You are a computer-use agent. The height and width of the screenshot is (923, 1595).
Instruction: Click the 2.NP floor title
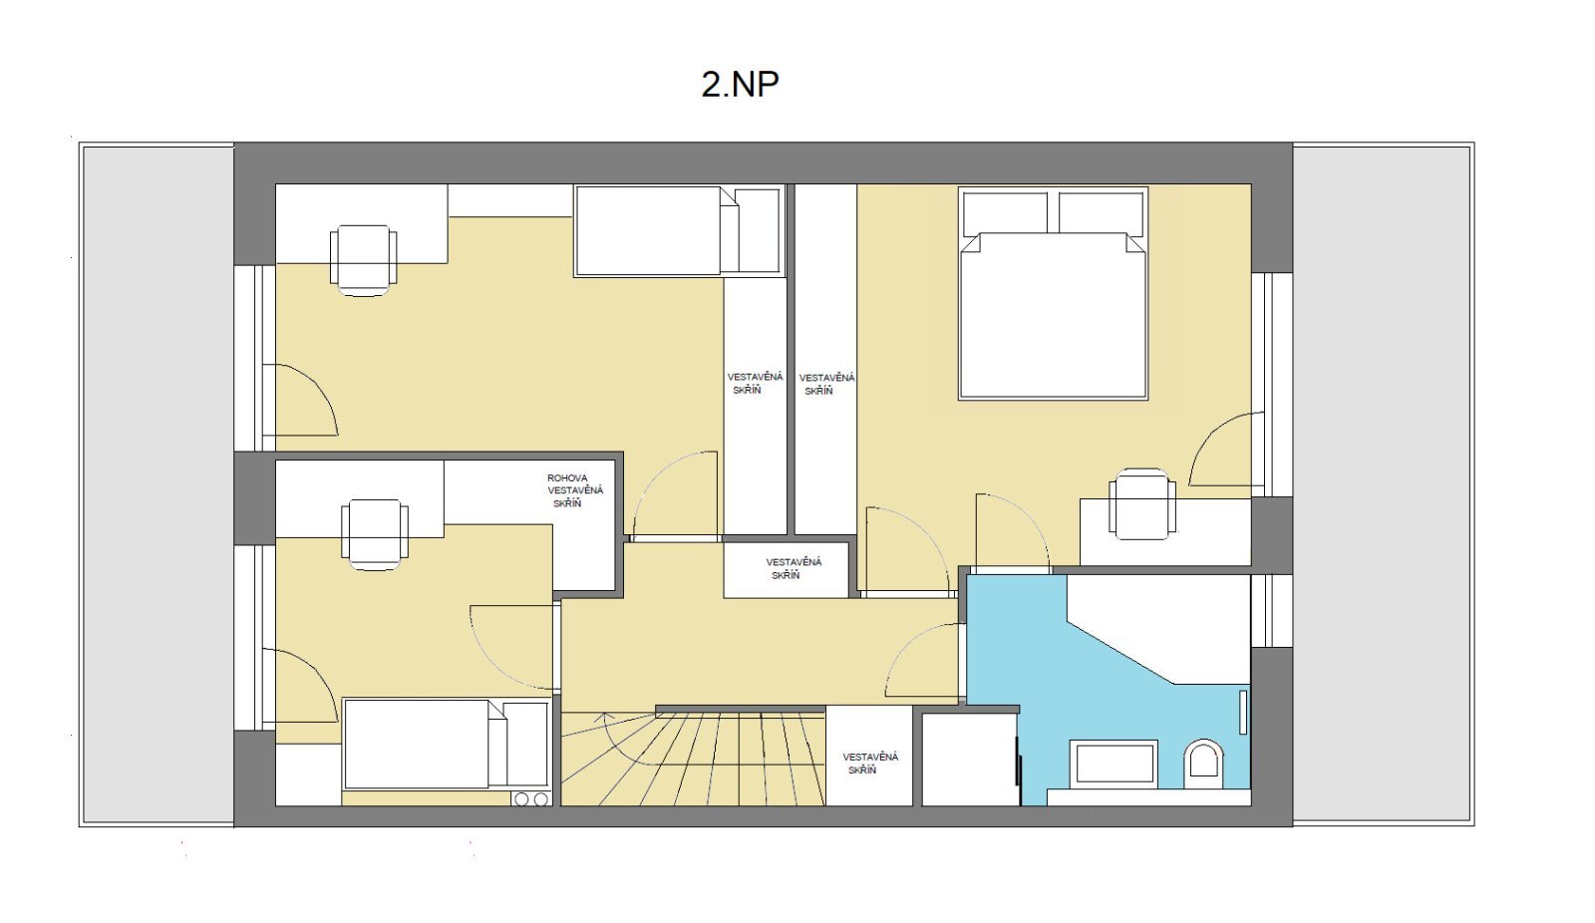[x=740, y=84]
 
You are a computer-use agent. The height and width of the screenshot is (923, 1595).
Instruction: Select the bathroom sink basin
[x=1114, y=764]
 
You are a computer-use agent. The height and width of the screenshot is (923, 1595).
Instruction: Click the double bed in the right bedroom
[x=1053, y=293]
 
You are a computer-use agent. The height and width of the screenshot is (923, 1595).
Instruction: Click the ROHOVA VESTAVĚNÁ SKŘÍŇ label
[x=574, y=490]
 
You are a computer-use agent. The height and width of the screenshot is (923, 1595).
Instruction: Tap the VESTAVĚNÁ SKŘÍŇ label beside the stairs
[x=870, y=764]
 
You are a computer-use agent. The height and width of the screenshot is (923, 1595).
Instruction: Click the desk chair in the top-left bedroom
[x=364, y=260]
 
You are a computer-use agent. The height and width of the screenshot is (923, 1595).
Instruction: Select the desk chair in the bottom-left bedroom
[x=375, y=534]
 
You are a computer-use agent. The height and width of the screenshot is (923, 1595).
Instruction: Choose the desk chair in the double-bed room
[x=1142, y=503]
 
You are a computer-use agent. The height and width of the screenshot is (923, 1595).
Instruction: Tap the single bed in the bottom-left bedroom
[x=447, y=744]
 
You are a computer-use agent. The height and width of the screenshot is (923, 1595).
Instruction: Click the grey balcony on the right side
[x=1383, y=484]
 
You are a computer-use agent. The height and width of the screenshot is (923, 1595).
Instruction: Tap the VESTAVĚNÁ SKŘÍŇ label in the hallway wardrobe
[x=794, y=568]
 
